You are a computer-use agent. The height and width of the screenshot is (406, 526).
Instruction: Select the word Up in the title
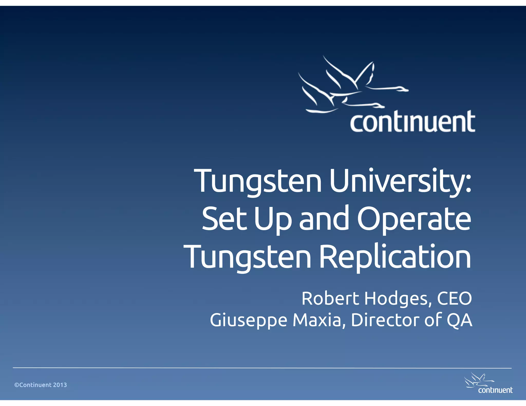point(273,219)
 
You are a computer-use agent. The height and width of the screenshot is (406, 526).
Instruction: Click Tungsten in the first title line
point(258,181)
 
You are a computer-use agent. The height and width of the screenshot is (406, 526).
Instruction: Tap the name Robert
point(330,298)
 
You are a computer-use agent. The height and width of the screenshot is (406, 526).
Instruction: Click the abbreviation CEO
point(454,298)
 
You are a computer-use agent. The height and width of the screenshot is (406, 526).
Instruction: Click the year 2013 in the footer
point(60,385)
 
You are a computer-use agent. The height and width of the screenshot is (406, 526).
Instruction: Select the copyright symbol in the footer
point(17,385)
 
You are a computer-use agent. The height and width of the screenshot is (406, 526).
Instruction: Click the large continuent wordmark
point(412,122)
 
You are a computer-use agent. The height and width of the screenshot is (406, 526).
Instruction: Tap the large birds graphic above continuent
point(352,86)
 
